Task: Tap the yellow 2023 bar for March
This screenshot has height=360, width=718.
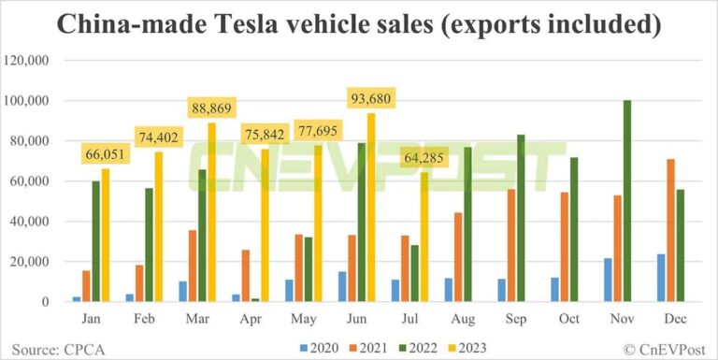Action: click(x=212, y=212)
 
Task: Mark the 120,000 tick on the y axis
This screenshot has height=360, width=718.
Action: click(x=35, y=61)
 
